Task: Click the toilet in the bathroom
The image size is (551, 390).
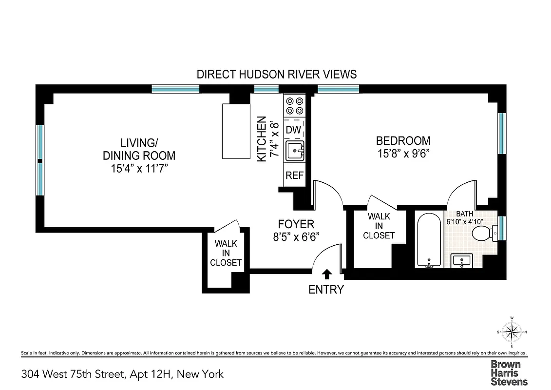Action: (483, 234)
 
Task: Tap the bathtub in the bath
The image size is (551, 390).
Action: (429, 240)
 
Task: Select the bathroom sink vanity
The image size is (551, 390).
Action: (461, 260)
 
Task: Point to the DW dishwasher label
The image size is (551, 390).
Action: (293, 130)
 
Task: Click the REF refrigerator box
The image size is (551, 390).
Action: (294, 175)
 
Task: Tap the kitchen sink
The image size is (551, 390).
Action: (294, 151)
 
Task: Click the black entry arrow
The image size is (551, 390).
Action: (326, 274)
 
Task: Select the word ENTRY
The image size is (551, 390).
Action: (326, 290)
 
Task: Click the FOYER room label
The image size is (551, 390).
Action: (296, 224)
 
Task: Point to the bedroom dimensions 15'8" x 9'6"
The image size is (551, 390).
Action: (403, 153)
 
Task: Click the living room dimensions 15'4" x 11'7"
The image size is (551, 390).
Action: (139, 169)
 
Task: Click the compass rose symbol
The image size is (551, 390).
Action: (511, 333)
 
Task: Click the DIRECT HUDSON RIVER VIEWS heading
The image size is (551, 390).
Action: (276, 74)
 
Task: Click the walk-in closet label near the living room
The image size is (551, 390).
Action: (226, 253)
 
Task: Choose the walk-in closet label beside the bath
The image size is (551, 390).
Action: (379, 226)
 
